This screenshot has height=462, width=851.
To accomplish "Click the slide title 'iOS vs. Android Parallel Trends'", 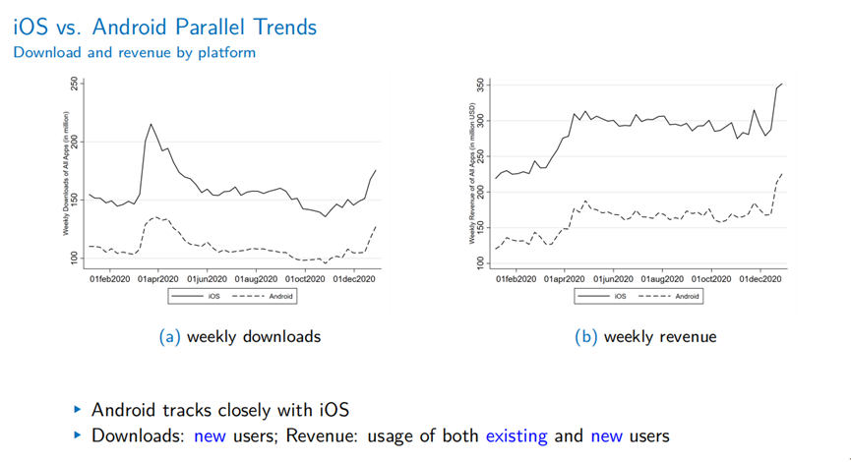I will click(165, 27).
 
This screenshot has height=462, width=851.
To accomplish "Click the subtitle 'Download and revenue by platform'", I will click(134, 52).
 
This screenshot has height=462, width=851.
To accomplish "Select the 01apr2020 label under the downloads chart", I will click(157, 278).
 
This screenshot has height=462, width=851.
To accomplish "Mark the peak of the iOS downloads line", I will click(151, 124).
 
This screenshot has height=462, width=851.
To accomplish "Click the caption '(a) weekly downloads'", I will click(240, 336).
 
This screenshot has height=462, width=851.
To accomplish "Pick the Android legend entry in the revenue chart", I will click(675, 295).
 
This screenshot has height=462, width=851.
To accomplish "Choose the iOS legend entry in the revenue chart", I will click(609, 295).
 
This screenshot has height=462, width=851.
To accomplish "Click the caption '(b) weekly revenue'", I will click(645, 336).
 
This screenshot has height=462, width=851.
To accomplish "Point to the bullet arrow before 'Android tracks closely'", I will click(78, 409).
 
